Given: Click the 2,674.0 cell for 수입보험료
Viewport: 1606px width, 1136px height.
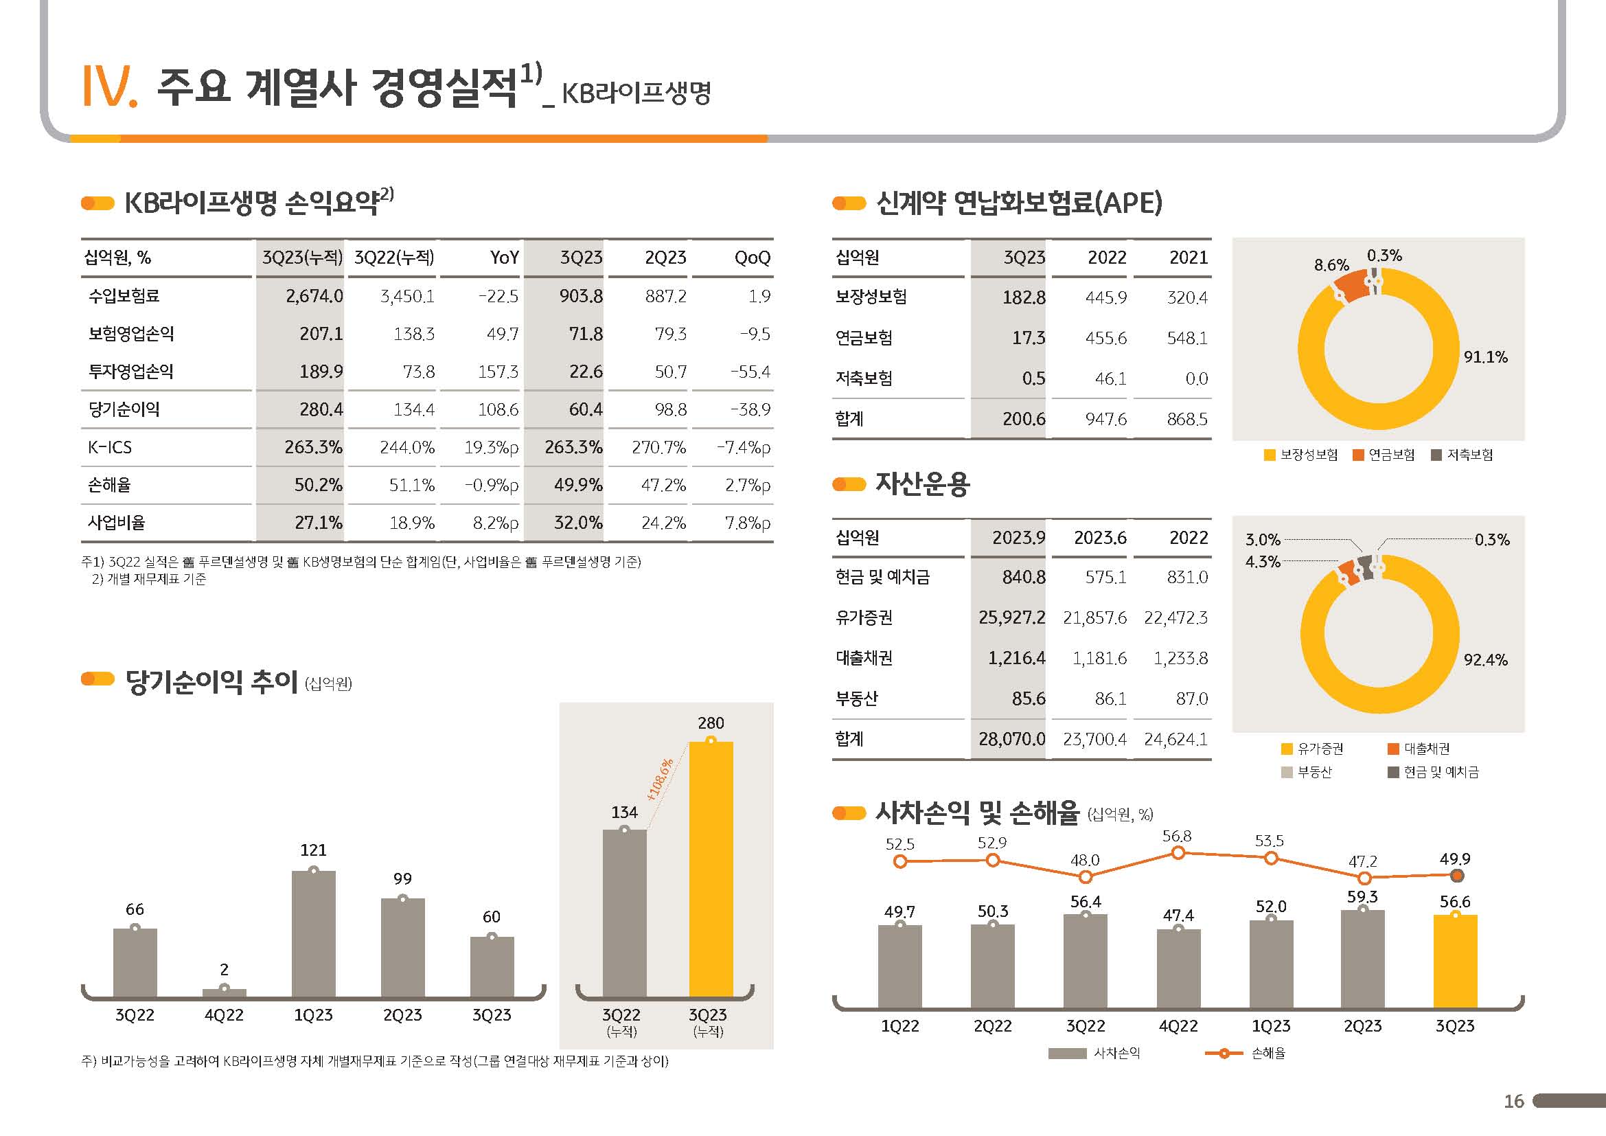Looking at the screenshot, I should [x=314, y=296].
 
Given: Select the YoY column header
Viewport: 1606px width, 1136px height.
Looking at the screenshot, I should [x=503, y=258].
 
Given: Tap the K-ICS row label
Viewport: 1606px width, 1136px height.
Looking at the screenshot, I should [x=110, y=447].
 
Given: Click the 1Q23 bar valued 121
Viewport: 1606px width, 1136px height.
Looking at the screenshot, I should [x=313, y=933].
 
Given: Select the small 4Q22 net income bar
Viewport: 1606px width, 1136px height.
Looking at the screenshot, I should [x=224, y=992].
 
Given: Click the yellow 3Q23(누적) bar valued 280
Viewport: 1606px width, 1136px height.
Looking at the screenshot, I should [x=711, y=867].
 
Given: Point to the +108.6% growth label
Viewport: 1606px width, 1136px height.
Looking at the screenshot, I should [x=660, y=780].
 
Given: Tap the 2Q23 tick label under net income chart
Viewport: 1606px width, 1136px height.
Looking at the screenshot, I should [x=402, y=1015].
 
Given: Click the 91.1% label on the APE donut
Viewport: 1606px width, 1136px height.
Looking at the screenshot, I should [x=1485, y=357].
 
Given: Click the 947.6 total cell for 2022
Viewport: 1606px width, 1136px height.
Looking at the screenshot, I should [x=1105, y=419].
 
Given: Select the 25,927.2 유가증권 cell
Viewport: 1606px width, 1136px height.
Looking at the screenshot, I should [x=1011, y=617].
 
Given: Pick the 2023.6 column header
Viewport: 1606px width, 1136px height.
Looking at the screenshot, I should [x=1099, y=538].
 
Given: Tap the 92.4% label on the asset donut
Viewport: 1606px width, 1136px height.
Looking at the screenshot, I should [x=1485, y=659].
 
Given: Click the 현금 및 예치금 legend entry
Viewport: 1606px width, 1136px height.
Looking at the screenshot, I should [x=1434, y=772].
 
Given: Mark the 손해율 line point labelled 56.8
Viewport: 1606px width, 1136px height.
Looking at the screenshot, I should [x=1178, y=853].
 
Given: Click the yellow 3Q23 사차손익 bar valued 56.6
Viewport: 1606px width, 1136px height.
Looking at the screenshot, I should [x=1455, y=961].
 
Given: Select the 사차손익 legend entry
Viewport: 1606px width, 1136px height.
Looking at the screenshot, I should [x=1094, y=1054].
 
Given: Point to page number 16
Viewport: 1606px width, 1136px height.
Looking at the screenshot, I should [x=1514, y=1102].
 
